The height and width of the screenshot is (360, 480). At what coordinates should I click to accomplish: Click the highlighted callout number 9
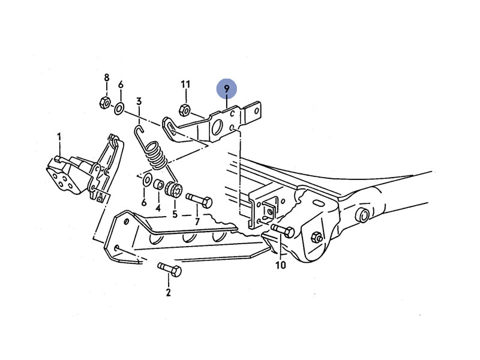click(227, 89)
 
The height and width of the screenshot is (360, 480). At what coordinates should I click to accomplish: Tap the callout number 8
click(107, 78)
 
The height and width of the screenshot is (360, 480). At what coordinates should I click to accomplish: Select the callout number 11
click(185, 84)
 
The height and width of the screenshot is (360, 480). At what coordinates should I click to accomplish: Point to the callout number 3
click(139, 101)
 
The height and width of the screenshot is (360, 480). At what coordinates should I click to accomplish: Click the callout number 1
click(59, 137)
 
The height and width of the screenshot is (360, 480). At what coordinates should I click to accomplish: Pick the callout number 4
click(158, 208)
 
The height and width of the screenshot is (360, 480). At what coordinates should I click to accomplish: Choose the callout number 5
click(175, 214)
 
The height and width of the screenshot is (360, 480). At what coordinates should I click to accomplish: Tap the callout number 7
click(197, 221)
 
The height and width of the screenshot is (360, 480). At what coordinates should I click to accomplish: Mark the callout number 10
click(280, 265)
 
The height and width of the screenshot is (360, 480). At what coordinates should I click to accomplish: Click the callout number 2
click(168, 292)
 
